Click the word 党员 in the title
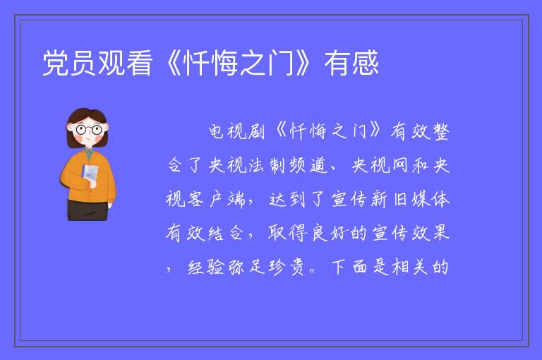(69, 63)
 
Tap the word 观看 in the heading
(125, 63)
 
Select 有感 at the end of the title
(351, 63)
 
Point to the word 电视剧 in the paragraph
(236, 131)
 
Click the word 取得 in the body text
(288, 233)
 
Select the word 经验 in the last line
(206, 267)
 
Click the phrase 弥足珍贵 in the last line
(266, 267)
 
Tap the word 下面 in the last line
(350, 267)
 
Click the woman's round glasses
(88, 130)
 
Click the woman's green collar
(89, 154)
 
